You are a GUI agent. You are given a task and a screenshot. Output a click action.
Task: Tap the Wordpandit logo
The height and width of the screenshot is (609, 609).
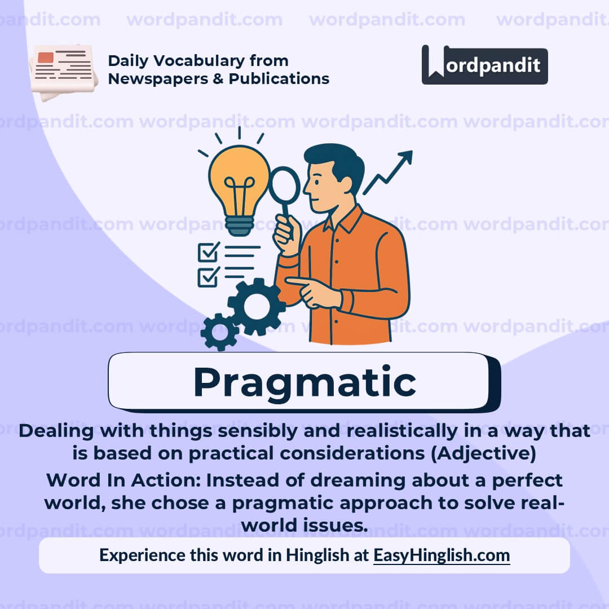(x=484, y=65)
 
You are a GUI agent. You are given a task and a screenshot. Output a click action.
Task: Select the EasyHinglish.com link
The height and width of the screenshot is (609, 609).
(x=442, y=555)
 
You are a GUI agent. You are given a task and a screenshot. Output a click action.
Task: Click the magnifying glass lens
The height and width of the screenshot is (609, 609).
(x=284, y=185)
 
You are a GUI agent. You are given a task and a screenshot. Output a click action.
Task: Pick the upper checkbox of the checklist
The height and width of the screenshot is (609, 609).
(x=208, y=252)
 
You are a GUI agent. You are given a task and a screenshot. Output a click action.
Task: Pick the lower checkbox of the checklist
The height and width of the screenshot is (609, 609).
(x=208, y=276)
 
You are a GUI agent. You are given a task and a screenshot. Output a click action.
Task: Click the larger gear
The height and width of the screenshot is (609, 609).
(x=257, y=306)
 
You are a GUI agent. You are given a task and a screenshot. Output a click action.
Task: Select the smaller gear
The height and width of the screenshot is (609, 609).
(x=219, y=332)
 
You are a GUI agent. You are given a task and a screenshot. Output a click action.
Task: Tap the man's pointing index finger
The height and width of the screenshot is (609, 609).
(x=296, y=280)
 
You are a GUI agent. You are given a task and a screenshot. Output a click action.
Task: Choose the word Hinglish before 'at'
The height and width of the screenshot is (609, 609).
(x=317, y=555)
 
